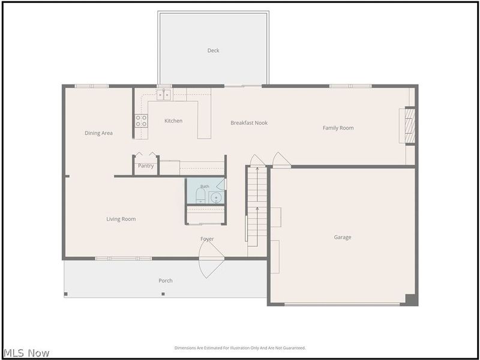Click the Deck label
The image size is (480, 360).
click(x=213, y=50)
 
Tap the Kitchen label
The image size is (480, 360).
click(x=173, y=121)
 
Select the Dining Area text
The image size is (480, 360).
click(x=98, y=133)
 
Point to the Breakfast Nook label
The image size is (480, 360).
click(x=249, y=123)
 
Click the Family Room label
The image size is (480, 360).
click(x=338, y=128)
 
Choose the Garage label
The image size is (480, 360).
click(x=343, y=237)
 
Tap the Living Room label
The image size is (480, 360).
click(x=121, y=219)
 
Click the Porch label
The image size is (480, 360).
click(x=166, y=280)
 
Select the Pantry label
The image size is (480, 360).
click(x=146, y=166)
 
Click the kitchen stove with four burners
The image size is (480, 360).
click(x=141, y=121)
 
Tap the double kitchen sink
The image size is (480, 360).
click(x=164, y=95)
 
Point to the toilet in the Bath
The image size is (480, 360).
click(x=200, y=196)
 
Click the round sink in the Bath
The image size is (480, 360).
click(x=217, y=198)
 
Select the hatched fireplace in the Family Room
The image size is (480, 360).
click(x=410, y=125)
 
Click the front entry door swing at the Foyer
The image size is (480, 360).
click(x=212, y=259)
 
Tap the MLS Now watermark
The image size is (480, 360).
click(x=26, y=353)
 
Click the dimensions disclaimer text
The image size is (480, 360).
click(x=240, y=348)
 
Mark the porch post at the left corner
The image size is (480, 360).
click(x=66, y=294)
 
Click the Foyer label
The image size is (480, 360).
click(x=207, y=239)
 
